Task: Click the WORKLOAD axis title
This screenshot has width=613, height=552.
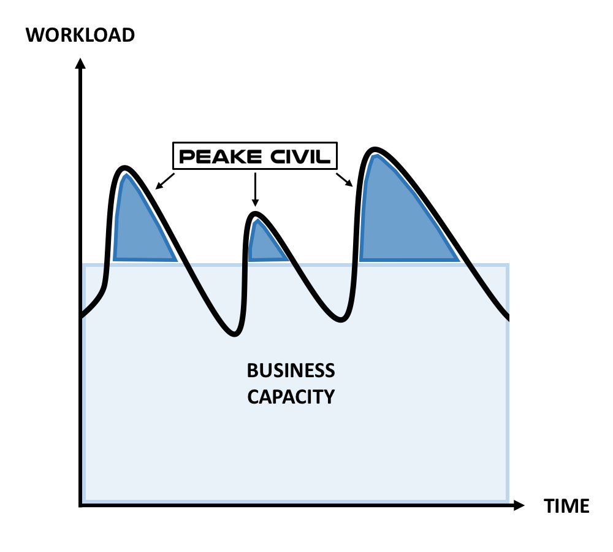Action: pos(80,34)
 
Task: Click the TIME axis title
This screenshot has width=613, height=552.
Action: pos(566,506)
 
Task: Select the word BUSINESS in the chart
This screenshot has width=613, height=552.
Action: pos(291,371)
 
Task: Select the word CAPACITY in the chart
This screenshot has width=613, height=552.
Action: pos(291,397)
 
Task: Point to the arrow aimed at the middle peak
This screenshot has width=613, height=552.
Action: pos(256,191)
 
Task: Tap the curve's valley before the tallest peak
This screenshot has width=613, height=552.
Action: pos(344,320)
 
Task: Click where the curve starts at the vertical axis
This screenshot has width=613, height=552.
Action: pos(81,316)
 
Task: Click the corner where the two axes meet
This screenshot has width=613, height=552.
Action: pos(80,505)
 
